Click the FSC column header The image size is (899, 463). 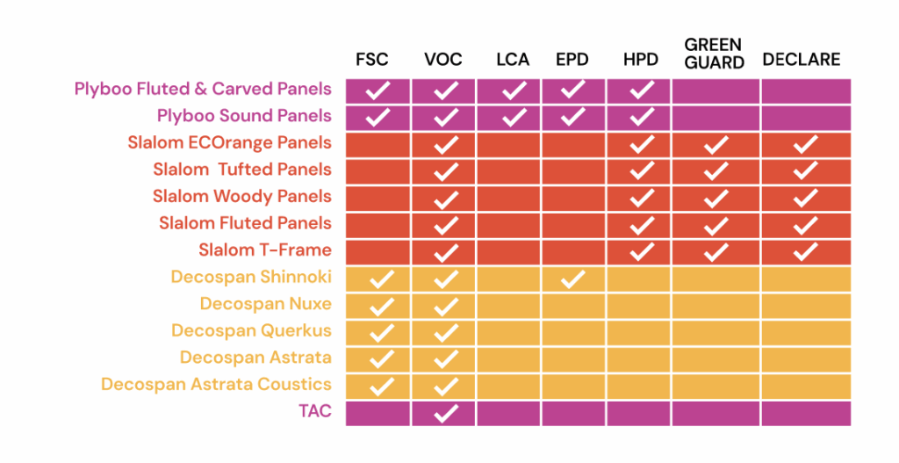click(371, 60)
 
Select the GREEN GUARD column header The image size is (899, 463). click(714, 53)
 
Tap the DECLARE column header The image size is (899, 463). click(801, 60)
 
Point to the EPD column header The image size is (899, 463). click(572, 60)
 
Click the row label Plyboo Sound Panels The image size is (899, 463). click(244, 116)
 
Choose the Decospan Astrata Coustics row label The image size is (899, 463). click(216, 384)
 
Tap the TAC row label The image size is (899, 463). click(314, 410)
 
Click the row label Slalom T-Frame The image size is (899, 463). click(264, 250)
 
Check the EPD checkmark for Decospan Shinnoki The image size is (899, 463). click(572, 279)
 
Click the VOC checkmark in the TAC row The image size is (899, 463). click(446, 413)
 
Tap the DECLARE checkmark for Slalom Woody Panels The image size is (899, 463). click(805, 198)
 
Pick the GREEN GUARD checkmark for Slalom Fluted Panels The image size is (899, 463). click(716, 225)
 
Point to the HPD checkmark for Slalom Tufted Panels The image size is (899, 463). click(642, 170)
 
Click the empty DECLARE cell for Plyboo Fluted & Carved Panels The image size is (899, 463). click(805, 90)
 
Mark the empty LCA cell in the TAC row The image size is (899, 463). click(508, 413)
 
